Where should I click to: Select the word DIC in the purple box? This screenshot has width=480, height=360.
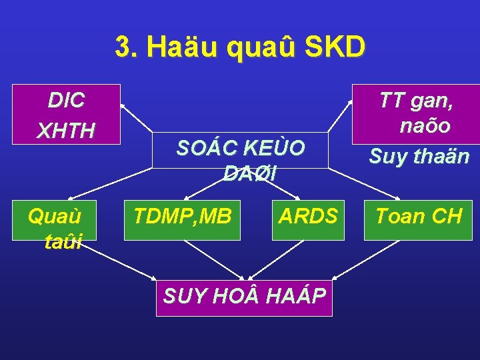[67, 101]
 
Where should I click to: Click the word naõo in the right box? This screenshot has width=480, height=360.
[425, 126]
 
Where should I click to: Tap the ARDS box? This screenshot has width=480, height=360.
[308, 216]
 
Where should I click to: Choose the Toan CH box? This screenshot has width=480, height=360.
[419, 216]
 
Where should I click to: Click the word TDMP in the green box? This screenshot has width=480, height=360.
[160, 216]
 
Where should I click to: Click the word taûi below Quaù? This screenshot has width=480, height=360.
[63, 241]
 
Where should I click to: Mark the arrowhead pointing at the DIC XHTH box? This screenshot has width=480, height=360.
[123, 106]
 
